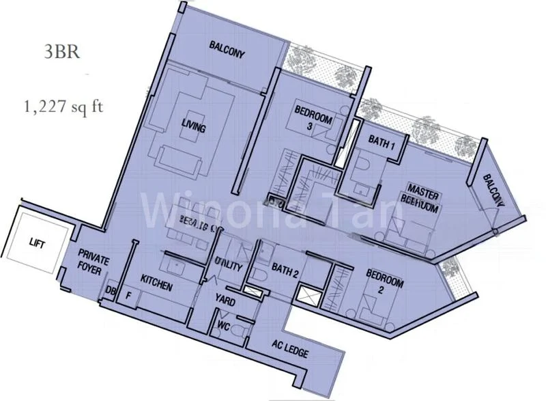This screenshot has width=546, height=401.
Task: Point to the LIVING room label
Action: [194, 127]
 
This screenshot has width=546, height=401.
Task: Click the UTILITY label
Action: [228, 267]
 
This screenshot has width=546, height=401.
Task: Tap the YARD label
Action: [227, 299]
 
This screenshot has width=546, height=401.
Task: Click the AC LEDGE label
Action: [289, 353]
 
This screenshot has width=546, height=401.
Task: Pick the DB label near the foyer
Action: [111, 292]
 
